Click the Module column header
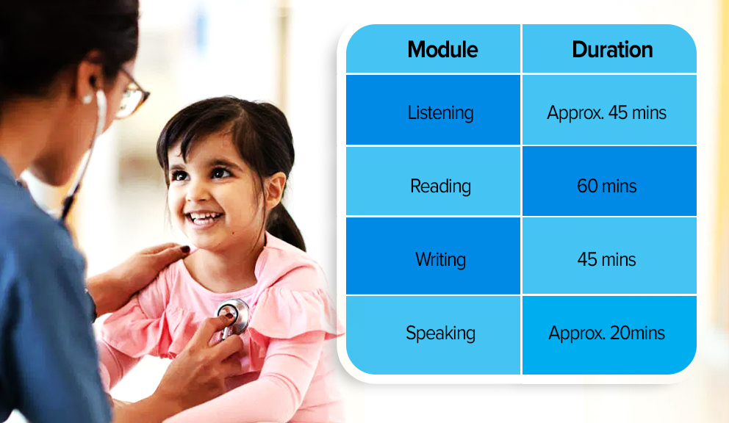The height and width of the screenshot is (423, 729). tap(442, 50)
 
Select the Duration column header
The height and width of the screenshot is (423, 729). tap(612, 50)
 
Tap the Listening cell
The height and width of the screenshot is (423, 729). tap(441, 113)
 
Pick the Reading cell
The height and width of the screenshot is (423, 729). tap(440, 187)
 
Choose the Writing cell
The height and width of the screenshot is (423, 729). tap(440, 259)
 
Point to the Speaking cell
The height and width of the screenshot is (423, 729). tap(441, 333)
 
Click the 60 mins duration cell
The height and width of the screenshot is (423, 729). tap(607, 186)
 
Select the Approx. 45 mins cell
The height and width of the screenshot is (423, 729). tap(607, 113)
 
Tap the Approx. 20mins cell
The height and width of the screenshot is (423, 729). tap(607, 333)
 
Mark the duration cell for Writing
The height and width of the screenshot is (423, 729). tap(607, 259)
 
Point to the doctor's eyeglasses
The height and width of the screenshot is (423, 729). tap(131, 95)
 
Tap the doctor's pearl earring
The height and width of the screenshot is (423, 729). tap(87, 98)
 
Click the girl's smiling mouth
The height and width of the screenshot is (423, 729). tap(204, 217)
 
